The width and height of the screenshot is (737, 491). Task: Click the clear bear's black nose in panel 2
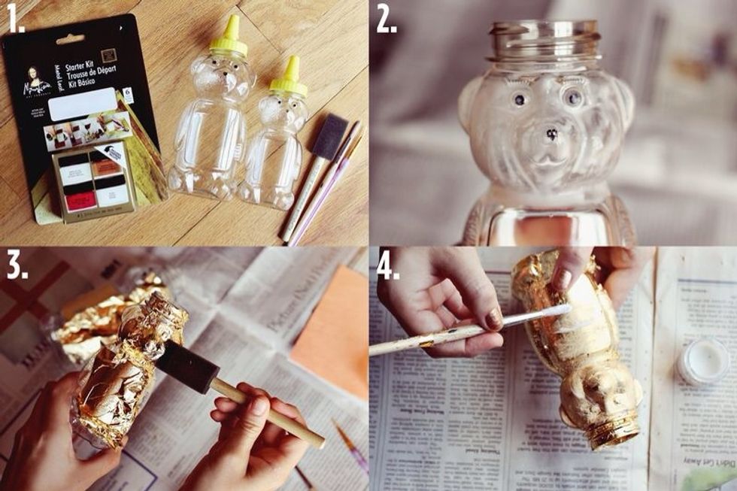pyautogui.click(x=552, y=135)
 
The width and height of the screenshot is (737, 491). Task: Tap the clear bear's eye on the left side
pyautogui.click(x=519, y=99)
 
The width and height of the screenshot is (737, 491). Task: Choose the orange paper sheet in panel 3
pyautogui.click(x=331, y=323)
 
